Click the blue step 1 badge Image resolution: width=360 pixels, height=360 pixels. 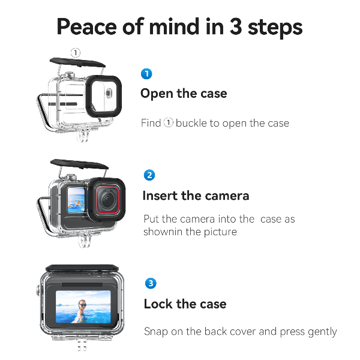pos(146,74)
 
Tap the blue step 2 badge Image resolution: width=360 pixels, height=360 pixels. pos(149,175)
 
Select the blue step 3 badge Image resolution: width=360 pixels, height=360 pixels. pos(151,283)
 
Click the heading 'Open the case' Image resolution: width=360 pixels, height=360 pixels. pos(184,94)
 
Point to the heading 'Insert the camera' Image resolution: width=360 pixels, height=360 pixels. pos(196,196)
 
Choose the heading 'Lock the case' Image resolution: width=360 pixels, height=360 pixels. pos(185,304)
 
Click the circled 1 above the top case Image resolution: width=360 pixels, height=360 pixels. pos(76,53)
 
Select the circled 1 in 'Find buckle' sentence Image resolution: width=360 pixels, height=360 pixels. pos(169,123)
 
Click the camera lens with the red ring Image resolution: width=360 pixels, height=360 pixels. pos(106,198)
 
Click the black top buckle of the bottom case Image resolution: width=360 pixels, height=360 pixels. pos(80,268)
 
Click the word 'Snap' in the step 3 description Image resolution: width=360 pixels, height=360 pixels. pos(155,331)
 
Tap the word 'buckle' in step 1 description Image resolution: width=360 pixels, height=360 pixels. pos(190,123)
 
